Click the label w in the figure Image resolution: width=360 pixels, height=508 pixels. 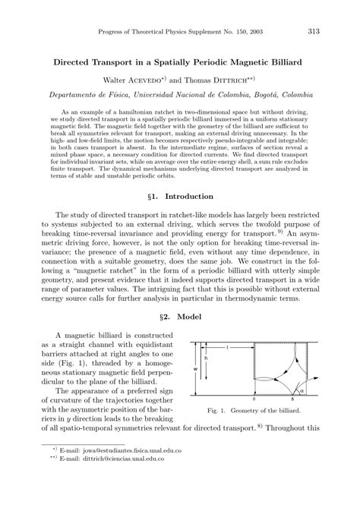point(196,371)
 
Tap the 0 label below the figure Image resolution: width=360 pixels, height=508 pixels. point(252,397)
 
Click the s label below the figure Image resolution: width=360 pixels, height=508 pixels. point(293,397)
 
